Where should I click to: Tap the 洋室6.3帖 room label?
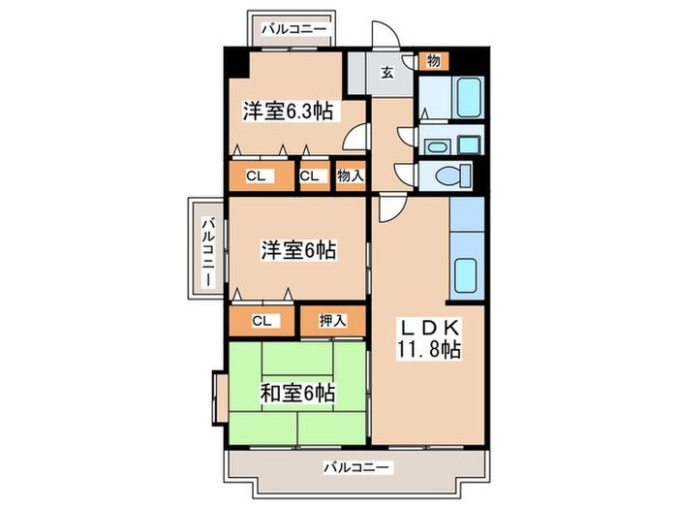288,112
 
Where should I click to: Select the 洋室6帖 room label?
296,250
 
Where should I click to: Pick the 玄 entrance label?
386,71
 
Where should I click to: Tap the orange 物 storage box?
433,61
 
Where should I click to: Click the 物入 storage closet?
350,176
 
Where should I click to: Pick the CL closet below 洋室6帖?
261,320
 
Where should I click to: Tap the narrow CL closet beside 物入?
310,176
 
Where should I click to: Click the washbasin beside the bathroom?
438,147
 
